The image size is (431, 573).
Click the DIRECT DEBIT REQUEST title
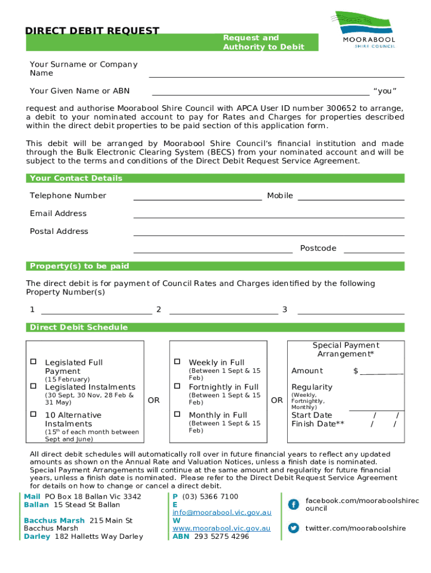[x=92, y=31]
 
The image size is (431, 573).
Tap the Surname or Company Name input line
[x=276, y=73]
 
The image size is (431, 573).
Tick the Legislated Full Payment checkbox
[x=33, y=361]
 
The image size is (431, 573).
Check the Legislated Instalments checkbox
[x=33, y=386]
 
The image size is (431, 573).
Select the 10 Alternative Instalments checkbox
[x=33, y=414]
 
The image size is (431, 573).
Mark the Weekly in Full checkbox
[x=177, y=361]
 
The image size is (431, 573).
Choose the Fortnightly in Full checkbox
[x=177, y=386]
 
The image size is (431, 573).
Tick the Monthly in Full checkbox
[x=177, y=414]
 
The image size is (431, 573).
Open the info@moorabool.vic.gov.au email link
[x=222, y=512]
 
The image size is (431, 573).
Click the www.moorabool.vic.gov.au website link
[x=221, y=528]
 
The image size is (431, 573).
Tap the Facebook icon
[x=293, y=504]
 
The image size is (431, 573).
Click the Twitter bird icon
[x=293, y=528]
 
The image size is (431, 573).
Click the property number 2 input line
[x=223, y=311]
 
